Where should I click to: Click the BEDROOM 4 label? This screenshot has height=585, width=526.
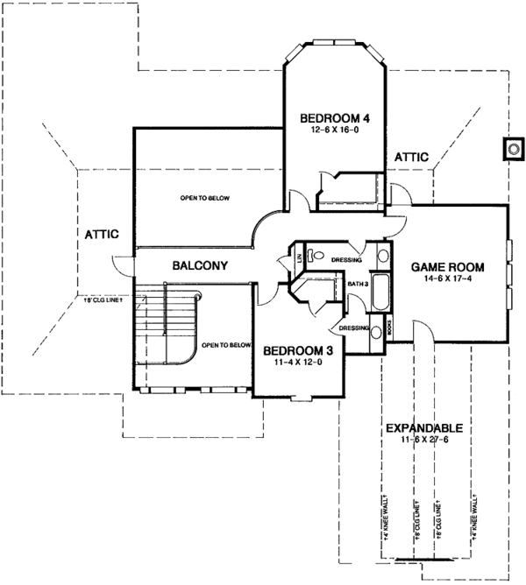click(331, 118)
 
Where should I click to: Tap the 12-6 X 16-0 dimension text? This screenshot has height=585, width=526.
click(331, 130)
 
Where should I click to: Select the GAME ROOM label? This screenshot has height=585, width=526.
click(448, 266)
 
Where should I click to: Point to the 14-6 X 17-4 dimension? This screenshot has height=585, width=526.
click(448, 278)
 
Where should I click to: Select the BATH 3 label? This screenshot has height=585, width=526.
click(357, 284)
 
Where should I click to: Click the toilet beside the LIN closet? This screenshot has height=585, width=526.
click(319, 255)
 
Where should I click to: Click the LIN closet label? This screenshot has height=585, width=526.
click(300, 257)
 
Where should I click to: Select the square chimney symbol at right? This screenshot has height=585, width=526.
click(511, 150)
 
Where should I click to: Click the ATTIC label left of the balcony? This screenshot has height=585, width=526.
click(102, 233)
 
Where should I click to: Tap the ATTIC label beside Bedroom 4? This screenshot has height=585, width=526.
click(410, 156)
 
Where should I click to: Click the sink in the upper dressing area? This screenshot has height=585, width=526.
click(384, 257)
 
